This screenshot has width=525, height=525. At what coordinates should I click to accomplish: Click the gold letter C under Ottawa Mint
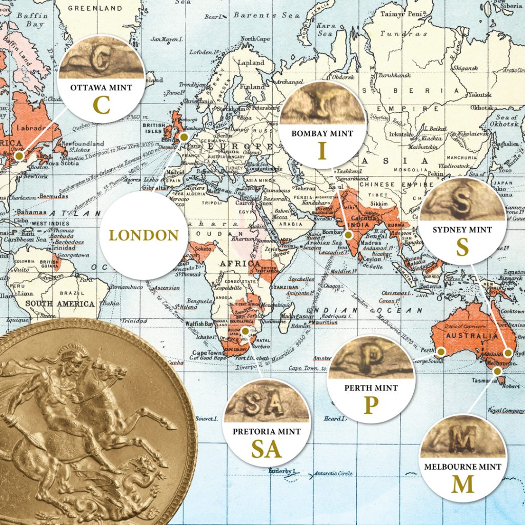102,105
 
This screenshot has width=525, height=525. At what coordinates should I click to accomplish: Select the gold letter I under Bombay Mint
322,151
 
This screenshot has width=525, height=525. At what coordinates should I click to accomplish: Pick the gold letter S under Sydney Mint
462,248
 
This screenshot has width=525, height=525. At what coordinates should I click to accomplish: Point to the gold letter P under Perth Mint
371,406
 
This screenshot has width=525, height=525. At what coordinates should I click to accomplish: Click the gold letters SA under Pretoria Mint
267,449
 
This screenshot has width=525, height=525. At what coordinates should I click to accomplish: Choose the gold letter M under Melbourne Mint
462,484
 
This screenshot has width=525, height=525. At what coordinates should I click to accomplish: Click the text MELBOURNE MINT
462,467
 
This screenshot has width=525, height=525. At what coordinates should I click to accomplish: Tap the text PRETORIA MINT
267,432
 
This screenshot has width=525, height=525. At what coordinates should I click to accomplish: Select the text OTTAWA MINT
102,88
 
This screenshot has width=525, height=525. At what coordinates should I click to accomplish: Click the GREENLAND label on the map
95,8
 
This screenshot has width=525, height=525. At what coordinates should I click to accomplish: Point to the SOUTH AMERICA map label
60,304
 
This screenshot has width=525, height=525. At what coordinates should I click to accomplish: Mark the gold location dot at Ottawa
19,155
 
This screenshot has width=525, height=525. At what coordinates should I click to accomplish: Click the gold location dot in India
349,235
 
